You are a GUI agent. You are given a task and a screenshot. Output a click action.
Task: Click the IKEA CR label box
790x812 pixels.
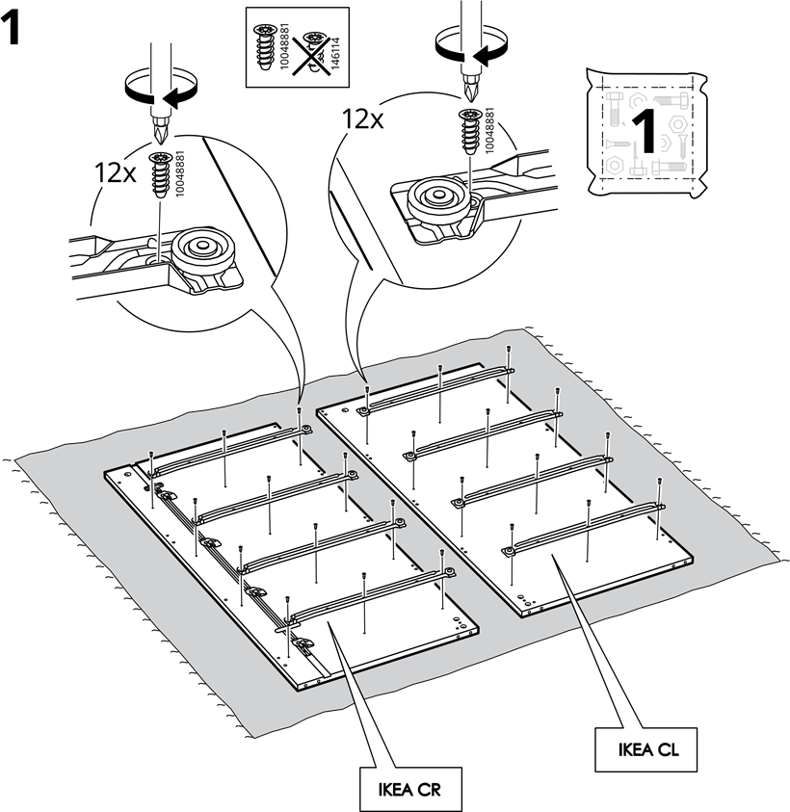click(410, 789)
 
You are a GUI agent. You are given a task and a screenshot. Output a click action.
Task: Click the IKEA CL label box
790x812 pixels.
click(646, 749)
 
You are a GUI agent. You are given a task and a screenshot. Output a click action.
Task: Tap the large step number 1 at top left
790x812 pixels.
click(12, 30)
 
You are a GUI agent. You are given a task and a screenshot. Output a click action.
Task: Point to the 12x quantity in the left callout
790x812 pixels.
click(115, 173)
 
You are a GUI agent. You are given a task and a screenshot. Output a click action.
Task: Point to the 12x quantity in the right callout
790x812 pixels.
click(362, 119)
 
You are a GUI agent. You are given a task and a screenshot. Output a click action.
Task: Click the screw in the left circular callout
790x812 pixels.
click(160, 174)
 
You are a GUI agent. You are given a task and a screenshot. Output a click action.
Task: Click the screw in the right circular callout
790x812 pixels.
click(471, 132)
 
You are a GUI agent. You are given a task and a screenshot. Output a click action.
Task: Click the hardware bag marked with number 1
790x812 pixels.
click(647, 133)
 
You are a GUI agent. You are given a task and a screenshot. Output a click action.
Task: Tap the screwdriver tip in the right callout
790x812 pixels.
click(471, 87)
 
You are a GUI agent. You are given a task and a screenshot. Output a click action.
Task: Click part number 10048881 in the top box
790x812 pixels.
click(284, 46)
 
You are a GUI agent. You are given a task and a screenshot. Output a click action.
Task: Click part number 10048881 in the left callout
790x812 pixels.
click(180, 173)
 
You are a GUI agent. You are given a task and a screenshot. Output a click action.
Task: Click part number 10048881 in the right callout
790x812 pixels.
click(489, 130)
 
